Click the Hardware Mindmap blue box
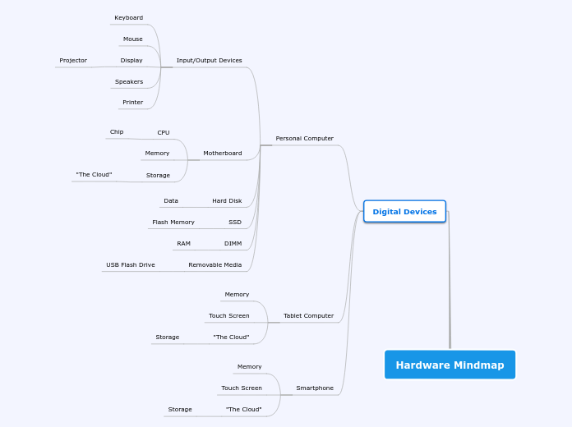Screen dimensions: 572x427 pos(450,365)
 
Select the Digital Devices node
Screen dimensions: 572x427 pos(404,212)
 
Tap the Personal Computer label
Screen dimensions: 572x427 pos(305,139)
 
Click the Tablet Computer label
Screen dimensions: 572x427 pos(309,316)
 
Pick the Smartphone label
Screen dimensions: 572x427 pos(315,388)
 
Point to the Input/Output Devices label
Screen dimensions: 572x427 pos(209,61)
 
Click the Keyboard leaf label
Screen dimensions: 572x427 pos(129,18)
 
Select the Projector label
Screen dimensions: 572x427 pos(73,61)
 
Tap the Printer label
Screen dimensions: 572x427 pos(133,103)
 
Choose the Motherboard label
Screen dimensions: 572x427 pos(223,154)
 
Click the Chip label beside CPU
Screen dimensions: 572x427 pos(117,132)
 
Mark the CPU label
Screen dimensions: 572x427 pos(164,133)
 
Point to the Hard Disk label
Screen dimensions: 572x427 pos(227,201)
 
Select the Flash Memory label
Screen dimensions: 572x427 pos(173,222)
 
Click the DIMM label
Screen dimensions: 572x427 pos(233,244)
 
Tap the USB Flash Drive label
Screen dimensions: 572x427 pos(131,264)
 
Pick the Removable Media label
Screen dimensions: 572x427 pos(214,264)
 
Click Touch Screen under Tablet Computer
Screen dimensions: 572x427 pos(229,316)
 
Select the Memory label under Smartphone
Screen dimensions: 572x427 pos(250,367)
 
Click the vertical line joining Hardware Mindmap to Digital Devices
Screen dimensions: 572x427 pos(449,280)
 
